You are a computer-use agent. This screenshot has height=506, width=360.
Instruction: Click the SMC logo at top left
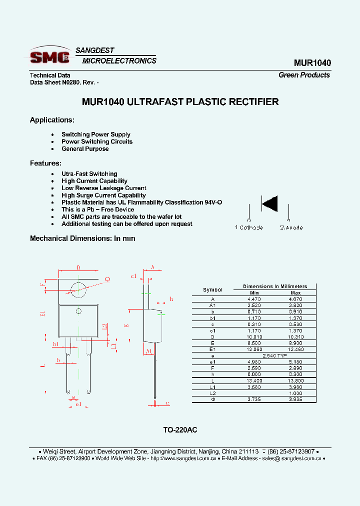(50, 55)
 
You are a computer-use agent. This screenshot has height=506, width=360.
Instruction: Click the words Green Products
(304, 75)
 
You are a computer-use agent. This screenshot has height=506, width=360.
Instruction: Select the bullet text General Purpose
(85, 149)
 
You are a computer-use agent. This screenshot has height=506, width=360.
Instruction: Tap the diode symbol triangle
(270, 203)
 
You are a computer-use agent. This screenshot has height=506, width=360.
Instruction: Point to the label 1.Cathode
(249, 227)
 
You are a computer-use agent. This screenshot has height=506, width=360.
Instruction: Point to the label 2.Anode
(291, 227)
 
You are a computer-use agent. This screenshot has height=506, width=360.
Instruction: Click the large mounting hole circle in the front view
(78, 288)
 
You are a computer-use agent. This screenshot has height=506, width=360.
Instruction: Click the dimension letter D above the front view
(78, 268)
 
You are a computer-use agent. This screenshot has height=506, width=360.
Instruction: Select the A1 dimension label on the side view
(148, 351)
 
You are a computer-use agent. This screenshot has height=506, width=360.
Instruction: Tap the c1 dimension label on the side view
(133, 276)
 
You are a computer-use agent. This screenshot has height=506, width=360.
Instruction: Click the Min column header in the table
(254, 292)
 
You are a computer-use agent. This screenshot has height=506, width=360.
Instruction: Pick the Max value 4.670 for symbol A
(295, 299)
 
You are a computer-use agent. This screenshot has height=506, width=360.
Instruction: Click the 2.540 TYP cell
(274, 355)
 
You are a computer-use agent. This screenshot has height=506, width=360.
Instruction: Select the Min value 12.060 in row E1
(254, 349)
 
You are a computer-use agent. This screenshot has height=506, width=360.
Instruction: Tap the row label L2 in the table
(212, 393)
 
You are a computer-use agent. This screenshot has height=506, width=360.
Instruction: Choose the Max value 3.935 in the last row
(295, 399)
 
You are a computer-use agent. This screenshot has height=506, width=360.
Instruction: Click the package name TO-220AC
(180, 430)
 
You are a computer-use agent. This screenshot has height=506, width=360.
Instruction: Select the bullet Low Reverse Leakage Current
(104, 188)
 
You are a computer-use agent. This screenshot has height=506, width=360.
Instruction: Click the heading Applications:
(52, 120)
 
